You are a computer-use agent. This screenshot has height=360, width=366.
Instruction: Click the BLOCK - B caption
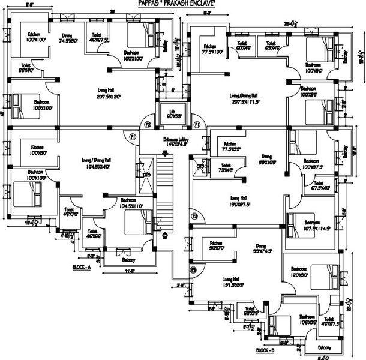click(x=265, y=349)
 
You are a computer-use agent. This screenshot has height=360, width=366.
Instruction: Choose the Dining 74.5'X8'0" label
click(x=68, y=38)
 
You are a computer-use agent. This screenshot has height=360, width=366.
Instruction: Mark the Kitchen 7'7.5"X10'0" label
click(x=212, y=49)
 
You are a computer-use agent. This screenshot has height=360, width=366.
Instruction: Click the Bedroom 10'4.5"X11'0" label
click(x=131, y=203)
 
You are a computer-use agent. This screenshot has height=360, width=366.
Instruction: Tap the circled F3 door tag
click(x=193, y=270)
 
